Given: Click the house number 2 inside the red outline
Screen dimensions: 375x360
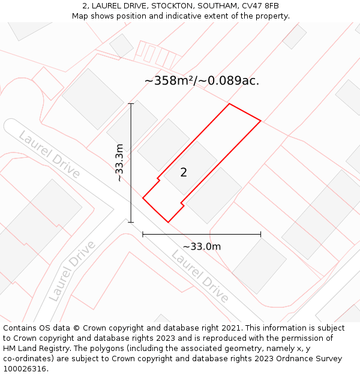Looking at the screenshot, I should click(184, 173).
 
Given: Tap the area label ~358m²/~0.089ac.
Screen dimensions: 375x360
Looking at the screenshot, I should click(202, 80).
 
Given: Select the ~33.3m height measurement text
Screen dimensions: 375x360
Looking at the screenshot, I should click(119, 163).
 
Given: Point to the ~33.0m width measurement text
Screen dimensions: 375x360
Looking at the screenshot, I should click(202, 247).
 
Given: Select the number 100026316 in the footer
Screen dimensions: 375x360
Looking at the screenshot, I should click(25, 368).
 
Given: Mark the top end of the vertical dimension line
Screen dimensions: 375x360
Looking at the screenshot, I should click(131, 104).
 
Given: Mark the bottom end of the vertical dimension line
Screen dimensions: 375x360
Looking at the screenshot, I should click(131, 222).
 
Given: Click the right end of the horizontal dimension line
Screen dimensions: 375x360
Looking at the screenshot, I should click(260, 234).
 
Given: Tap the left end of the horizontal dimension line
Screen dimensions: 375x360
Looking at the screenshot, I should click(143, 234).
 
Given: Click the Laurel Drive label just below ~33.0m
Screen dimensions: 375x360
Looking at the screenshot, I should click(200, 277).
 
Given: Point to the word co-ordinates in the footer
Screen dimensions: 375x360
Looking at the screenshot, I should click(28, 358).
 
